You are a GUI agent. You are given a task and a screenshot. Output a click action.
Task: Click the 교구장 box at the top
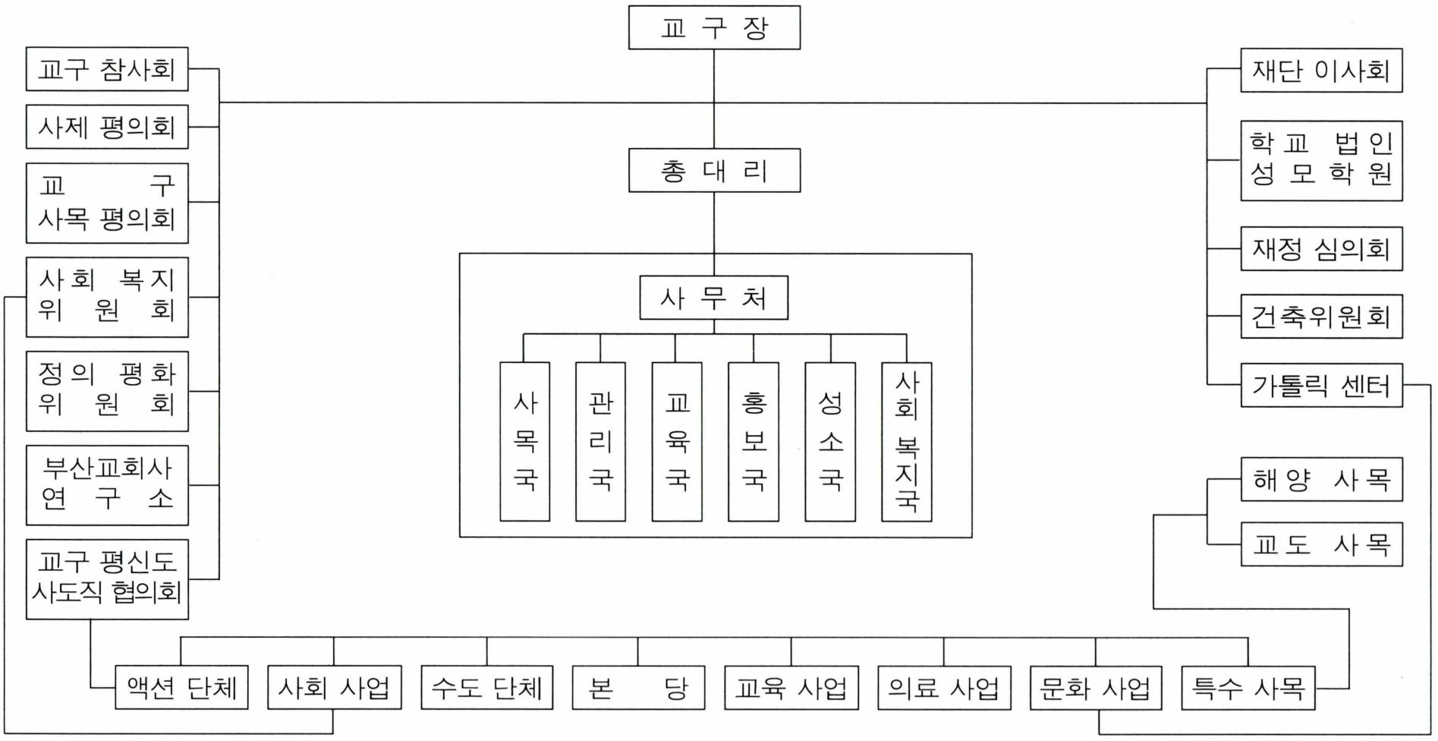[x=714, y=28]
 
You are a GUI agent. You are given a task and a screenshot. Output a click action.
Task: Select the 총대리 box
[x=714, y=170]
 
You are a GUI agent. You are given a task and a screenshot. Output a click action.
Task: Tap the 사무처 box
[x=713, y=298]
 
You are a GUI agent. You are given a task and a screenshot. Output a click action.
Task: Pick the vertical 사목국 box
[x=525, y=442]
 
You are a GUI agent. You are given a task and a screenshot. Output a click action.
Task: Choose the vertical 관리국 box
[x=600, y=442]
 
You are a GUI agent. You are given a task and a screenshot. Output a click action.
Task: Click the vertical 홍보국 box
[x=754, y=442]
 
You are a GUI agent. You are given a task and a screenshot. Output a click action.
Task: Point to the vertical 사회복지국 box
[x=907, y=442]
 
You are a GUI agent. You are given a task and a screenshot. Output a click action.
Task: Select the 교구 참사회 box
[x=107, y=70]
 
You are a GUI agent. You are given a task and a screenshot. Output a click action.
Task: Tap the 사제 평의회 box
[x=107, y=127]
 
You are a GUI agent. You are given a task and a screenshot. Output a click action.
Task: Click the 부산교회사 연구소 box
[x=107, y=485]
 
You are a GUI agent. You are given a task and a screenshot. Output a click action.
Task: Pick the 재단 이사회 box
[x=1321, y=71]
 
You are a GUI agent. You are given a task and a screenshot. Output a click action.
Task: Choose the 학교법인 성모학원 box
[x=1321, y=160]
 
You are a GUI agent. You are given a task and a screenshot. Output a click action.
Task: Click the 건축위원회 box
[x=1321, y=316]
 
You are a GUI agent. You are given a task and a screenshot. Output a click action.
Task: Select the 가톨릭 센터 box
[x=1321, y=386]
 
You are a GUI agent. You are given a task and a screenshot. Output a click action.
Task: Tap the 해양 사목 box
[x=1321, y=479]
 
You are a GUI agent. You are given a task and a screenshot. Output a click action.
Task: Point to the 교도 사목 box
[x=1321, y=544]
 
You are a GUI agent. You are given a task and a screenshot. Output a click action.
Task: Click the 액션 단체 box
[x=181, y=688]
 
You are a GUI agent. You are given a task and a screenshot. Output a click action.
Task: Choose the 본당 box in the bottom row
[x=638, y=688]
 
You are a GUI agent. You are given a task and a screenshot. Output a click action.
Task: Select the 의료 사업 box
[x=944, y=688]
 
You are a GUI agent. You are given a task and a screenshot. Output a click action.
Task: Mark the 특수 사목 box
[x=1248, y=688]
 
